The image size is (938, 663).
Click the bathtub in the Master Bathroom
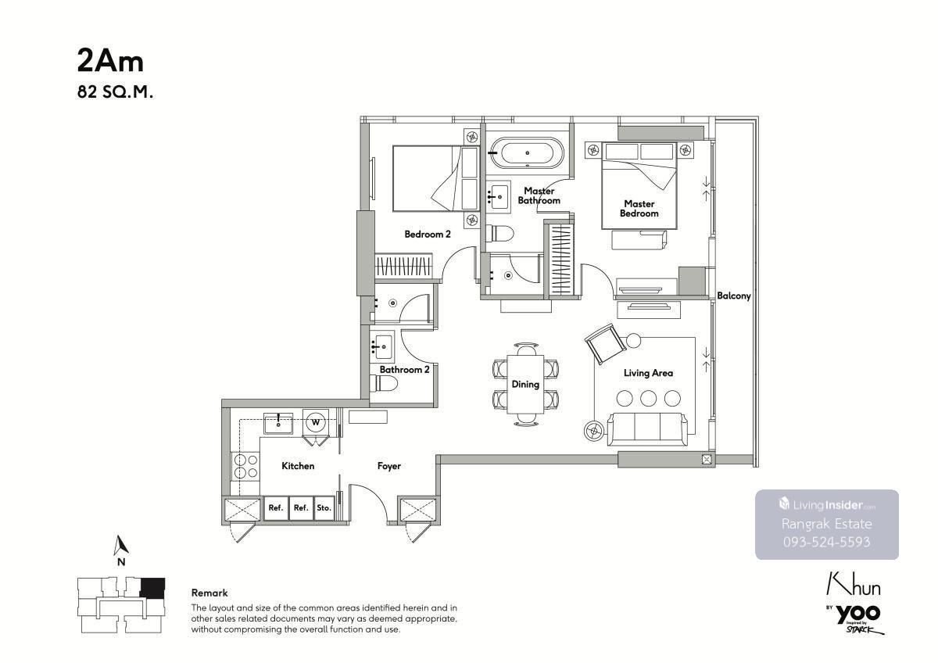coord(527,152)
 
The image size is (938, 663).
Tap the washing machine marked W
coord(316,421)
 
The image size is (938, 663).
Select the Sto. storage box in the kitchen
coord(324,508)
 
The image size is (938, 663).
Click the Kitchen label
coord(298,466)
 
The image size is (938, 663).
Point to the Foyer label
coord(389,466)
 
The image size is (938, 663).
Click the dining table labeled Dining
coord(525,385)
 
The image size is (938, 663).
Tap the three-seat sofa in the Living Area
coord(647,429)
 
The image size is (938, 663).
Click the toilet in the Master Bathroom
coord(500,234)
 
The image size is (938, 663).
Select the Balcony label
coord(734,296)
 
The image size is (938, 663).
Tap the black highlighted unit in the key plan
coord(152,588)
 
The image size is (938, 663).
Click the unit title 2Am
coord(110,62)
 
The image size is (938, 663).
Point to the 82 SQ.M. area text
coord(115,92)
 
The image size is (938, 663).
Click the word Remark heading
coord(209,593)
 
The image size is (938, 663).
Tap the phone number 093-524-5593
coord(827,543)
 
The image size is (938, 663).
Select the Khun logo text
coord(853,584)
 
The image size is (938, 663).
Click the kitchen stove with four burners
coord(245,466)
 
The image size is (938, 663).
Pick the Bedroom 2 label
coord(428,234)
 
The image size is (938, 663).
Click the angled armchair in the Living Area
coord(606,344)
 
